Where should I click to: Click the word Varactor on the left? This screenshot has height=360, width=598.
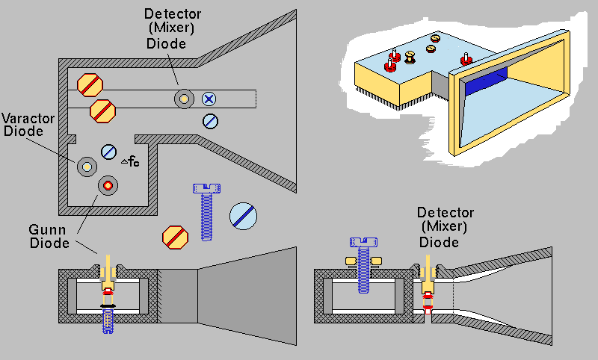23,119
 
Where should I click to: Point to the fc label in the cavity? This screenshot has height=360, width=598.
131,159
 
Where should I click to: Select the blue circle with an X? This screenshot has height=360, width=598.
210,98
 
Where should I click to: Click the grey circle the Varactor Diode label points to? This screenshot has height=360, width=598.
86,166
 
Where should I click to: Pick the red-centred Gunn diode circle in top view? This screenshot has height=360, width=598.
107,184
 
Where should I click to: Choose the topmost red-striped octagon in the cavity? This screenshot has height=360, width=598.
90,84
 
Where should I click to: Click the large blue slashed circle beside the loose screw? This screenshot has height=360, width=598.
244,216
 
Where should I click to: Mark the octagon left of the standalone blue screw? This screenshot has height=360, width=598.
175,238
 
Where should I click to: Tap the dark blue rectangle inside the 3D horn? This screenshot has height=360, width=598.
486,81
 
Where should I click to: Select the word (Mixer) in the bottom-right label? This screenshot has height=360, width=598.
440,227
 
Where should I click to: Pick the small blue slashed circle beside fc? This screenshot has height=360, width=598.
109,151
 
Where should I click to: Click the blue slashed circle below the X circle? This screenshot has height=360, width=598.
211,120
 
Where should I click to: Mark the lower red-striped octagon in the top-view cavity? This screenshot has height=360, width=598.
102,111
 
